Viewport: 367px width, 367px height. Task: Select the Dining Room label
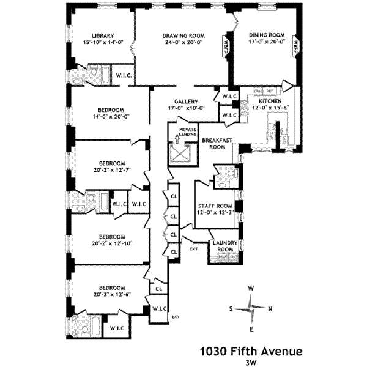[267, 35]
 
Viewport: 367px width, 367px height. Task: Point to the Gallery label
[185, 102]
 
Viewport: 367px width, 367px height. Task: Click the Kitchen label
[270, 102]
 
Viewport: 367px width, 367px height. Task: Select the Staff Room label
[215, 206]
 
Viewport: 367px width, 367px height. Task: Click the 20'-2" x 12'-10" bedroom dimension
[112, 243]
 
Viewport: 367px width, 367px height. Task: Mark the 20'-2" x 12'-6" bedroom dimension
[112, 295]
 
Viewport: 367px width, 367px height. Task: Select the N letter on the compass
[270, 308]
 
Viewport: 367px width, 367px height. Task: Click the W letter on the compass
[251, 288]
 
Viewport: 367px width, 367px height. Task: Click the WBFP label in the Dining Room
[296, 46]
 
